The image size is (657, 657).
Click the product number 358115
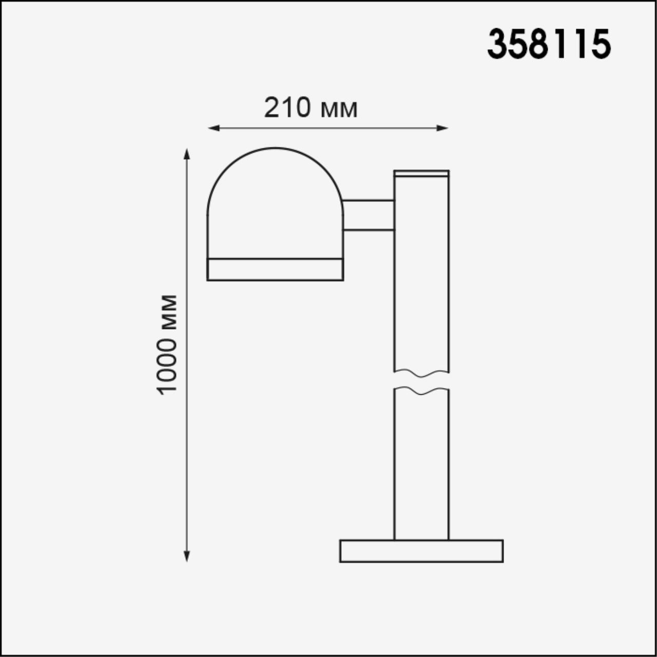coord(549,44)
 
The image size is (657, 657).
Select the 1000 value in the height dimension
coord(167,365)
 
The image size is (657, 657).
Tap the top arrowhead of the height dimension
coord(187,153)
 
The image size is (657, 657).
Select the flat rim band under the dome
coord(275,269)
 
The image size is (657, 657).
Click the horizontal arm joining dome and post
coord(369,215)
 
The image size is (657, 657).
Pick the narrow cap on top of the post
coord(421,173)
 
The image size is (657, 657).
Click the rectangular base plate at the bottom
coord(421,551)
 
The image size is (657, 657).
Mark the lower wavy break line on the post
coord(421,392)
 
